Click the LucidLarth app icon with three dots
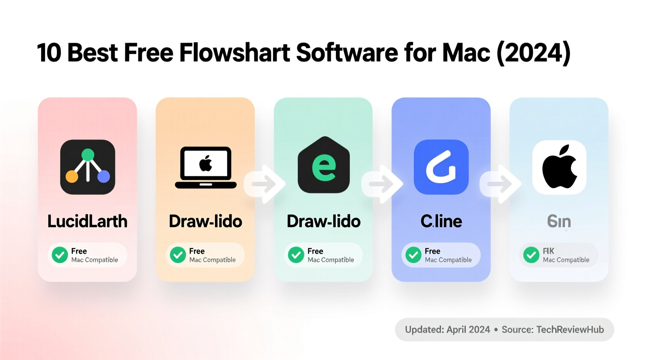[88, 167]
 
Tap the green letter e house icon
[324, 165]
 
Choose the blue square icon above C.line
[441, 167]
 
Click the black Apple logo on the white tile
[559, 167]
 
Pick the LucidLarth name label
[87, 221]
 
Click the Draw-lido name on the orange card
[205, 221]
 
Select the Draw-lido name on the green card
[323, 221]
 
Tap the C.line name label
[441, 221]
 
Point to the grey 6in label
[559, 221]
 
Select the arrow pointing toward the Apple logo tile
[501, 183]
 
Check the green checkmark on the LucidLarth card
[60, 255]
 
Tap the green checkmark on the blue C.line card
[413, 255]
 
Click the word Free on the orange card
[197, 251]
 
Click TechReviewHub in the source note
[570, 329]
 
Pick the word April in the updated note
[457, 329]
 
